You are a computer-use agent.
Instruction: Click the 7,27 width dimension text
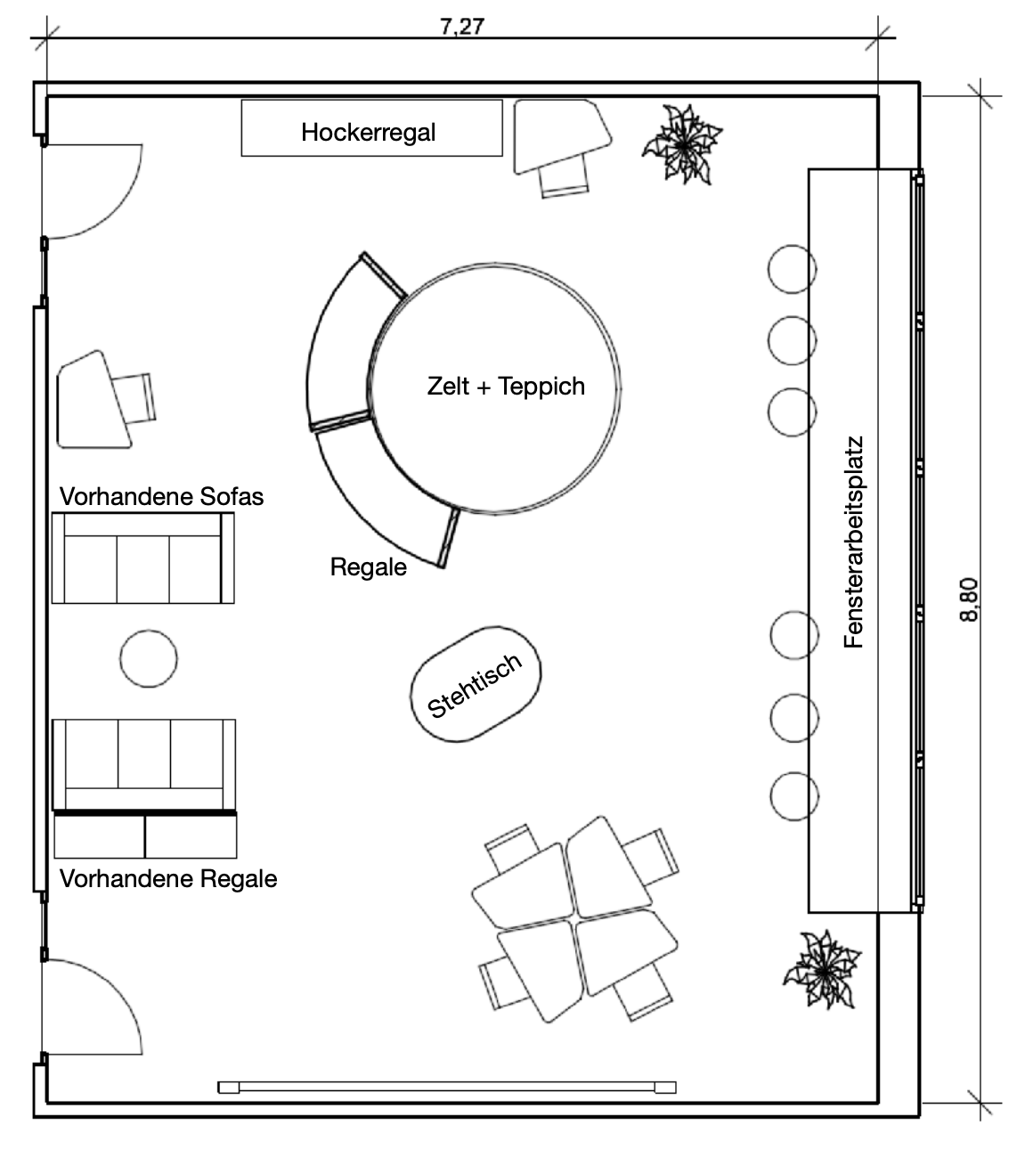click(462, 26)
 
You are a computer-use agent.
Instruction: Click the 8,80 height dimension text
click(969, 599)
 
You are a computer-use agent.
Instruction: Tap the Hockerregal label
click(368, 132)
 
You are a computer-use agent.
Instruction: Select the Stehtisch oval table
click(476, 684)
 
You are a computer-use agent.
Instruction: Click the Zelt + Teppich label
click(506, 386)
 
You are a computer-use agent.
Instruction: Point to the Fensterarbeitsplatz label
click(853, 542)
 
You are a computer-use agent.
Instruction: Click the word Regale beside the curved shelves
click(368, 567)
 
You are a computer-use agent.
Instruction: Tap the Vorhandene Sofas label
click(162, 496)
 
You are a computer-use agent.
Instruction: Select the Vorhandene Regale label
click(168, 878)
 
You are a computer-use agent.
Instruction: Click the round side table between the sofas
click(149, 658)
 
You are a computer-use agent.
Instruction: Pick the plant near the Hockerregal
click(682, 144)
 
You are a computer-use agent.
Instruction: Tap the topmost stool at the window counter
click(792, 269)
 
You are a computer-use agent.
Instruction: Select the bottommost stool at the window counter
click(794, 796)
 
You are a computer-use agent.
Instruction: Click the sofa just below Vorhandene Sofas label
click(143, 558)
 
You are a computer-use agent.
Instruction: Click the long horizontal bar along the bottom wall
click(447, 1088)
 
